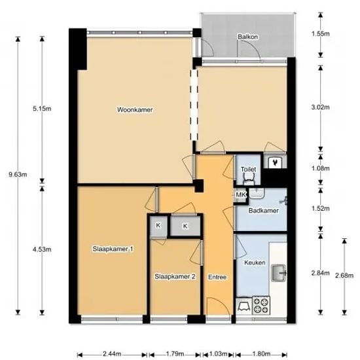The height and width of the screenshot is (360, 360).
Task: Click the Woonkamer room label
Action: (135, 110)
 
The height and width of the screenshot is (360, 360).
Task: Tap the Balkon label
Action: (247, 37)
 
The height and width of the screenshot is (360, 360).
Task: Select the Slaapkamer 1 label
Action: (113, 249)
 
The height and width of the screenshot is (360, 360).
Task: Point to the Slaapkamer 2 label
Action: (175, 277)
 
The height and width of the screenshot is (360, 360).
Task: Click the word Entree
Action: (217, 278)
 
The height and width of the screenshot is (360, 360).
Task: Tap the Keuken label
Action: (255, 262)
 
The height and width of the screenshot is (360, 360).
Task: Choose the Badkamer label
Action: (264, 211)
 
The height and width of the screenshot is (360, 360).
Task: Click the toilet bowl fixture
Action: (249, 179)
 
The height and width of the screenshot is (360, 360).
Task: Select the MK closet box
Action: (241, 195)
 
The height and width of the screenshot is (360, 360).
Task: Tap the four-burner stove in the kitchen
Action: (261, 306)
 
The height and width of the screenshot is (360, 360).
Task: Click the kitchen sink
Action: (279, 273)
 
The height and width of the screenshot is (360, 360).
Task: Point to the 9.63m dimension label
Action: (18, 175)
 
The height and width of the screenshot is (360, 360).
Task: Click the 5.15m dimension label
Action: (42, 109)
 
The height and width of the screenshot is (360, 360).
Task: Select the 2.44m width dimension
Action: (112, 353)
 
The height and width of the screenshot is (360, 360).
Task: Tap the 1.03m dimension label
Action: (218, 353)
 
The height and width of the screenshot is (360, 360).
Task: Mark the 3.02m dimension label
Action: (320, 107)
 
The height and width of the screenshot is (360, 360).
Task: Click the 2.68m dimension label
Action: (344, 276)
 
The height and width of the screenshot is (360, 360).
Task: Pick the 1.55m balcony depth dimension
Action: (320, 34)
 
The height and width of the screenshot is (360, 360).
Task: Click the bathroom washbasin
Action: (257, 193)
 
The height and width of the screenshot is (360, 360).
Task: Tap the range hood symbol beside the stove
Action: (244, 306)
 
